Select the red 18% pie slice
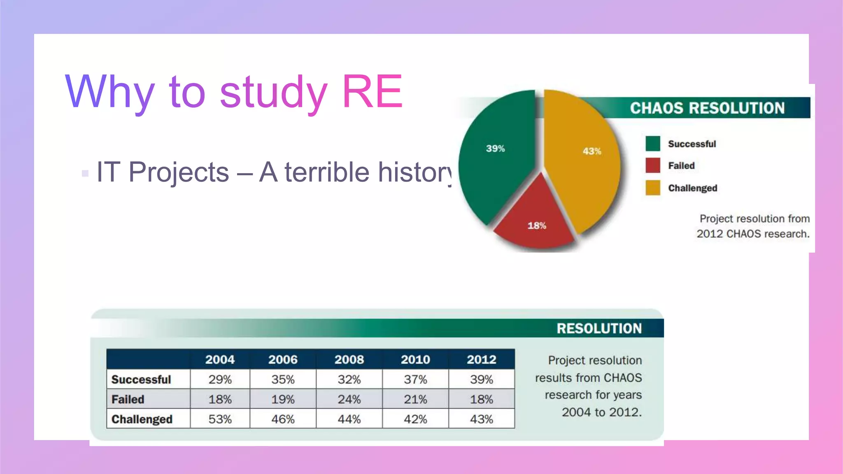click(535, 218)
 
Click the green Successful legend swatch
click(653, 144)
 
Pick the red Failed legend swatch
click(653, 165)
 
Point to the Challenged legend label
click(692, 188)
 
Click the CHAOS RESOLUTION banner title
click(707, 108)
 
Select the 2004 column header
click(220, 359)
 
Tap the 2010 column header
click(415, 359)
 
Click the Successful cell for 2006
click(283, 379)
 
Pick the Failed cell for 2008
click(349, 399)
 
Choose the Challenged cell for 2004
click(220, 419)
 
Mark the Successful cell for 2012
click(482, 379)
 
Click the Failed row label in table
click(128, 399)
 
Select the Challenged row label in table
click(142, 419)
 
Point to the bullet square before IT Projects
click(85, 173)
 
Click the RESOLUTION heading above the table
click(599, 328)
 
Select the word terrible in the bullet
click(327, 172)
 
